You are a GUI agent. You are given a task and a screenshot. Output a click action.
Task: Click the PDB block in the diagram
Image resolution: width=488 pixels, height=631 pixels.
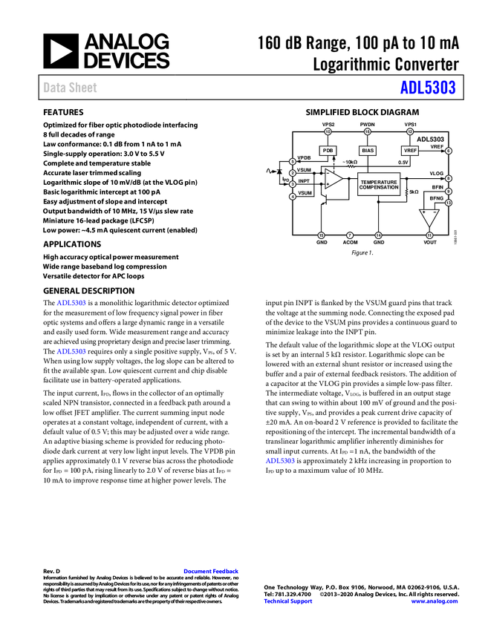pyautogui.click(x=328, y=151)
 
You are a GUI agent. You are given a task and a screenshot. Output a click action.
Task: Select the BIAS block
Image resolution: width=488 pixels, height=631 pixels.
pyautogui.click(x=368, y=151)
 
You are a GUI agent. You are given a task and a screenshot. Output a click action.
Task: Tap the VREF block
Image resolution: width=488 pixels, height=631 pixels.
pyautogui.click(x=410, y=151)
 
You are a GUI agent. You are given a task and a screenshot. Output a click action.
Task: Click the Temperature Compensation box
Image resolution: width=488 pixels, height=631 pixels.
pyautogui.click(x=379, y=184)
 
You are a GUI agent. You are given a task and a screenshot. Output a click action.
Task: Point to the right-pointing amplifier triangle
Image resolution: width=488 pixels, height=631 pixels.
pyautogui.click(x=333, y=179)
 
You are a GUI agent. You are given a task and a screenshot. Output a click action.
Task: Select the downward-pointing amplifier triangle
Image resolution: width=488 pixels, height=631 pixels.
pyautogui.click(x=429, y=218)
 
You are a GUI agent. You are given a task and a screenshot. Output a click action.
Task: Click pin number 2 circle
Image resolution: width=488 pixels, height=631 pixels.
pyautogui.click(x=293, y=173)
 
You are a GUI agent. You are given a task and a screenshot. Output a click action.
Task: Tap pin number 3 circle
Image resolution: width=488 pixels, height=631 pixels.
pyautogui.click(x=293, y=184)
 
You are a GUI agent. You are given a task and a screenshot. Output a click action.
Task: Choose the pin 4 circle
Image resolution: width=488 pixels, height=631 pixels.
pyautogui.click(x=293, y=197)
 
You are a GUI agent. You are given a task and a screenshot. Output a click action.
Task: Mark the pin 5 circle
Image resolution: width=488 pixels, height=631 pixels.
pyautogui.click(x=293, y=161)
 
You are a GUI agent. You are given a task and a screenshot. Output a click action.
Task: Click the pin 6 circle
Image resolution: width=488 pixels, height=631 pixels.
pyautogui.click(x=449, y=151)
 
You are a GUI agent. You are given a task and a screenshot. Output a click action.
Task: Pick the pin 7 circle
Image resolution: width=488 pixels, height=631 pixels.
pyautogui.click(x=350, y=235)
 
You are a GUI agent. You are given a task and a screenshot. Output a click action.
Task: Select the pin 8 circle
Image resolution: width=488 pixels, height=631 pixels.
pyautogui.click(x=449, y=179)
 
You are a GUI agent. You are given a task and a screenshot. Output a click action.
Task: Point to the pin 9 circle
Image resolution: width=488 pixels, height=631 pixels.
pyautogui.click(x=449, y=192)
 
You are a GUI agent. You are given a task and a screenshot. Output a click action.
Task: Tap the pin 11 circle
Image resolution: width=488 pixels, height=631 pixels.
pyautogui.click(x=429, y=235)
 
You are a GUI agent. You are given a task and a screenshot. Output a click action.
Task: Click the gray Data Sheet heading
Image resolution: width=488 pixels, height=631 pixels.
pyautogui.click(x=71, y=88)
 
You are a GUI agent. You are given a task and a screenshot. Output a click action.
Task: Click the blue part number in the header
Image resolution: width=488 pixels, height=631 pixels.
pyautogui.click(x=428, y=88)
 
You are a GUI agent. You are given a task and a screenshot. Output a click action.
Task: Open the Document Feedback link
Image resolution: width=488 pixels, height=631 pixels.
pyautogui.click(x=212, y=572)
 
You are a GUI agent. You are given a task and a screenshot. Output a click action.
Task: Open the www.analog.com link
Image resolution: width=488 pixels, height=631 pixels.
pyautogui.click(x=435, y=601)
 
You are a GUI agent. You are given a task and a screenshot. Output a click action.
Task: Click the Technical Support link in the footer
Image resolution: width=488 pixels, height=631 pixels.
pyautogui.click(x=288, y=601)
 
